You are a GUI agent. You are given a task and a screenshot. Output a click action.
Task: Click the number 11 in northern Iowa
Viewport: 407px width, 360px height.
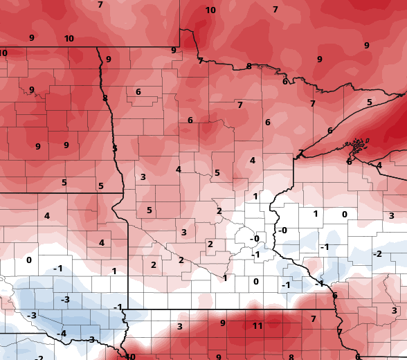pyautogui.click(x=257, y=326)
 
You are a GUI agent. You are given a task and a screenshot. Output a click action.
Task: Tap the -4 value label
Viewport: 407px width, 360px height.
pyautogui.click(x=61, y=334)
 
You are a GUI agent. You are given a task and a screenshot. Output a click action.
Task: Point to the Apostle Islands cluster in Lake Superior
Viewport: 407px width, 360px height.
pyautogui.click(x=357, y=145)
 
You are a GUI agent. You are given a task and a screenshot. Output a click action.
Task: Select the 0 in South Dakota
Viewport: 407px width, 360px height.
pyautogui.click(x=29, y=260)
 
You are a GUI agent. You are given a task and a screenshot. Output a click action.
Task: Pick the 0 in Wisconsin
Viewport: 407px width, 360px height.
pyautogui.click(x=344, y=215)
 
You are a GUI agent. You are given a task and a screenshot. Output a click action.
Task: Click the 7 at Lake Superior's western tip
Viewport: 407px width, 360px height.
pyautogui.click(x=301, y=153)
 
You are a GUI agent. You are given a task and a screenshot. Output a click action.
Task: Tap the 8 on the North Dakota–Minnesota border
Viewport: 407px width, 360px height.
pyautogui.click(x=105, y=98)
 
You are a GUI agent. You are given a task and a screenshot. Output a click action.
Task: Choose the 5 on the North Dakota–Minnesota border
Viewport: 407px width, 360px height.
pyautogui.click(x=115, y=149)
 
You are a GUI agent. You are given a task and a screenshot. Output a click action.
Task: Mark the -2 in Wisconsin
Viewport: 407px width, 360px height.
pyautogui.click(x=377, y=255)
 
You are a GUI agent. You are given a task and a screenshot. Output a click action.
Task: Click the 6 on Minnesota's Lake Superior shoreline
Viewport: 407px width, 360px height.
pyautogui.click(x=330, y=131)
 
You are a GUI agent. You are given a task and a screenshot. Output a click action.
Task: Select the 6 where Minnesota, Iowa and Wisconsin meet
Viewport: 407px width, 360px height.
pyautogui.click(x=334, y=296)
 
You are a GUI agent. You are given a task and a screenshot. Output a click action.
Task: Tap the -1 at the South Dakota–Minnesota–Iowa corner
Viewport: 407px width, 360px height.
pyautogui.click(x=118, y=307)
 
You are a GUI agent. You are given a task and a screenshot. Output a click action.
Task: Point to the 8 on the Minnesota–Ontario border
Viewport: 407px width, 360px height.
pyautogui.click(x=248, y=66)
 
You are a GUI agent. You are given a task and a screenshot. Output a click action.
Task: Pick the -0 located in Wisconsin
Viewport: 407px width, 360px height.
pyautogui.click(x=282, y=231)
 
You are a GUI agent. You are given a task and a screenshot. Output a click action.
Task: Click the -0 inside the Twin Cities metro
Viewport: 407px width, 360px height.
pyautogui.click(x=254, y=239)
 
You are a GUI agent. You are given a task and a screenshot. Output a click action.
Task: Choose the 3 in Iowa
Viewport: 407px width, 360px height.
pyautogui.click(x=179, y=327)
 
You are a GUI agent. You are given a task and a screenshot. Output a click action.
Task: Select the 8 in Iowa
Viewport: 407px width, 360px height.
pyautogui.click(x=291, y=357)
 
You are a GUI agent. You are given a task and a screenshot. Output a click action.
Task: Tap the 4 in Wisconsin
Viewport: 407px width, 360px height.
pyautogui.click(x=379, y=165)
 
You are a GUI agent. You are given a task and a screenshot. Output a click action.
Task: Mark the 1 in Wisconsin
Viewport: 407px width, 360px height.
pyautogui.click(x=315, y=214)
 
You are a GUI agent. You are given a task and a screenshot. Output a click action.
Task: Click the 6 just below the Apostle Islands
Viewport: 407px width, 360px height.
pyautogui.click(x=349, y=162)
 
